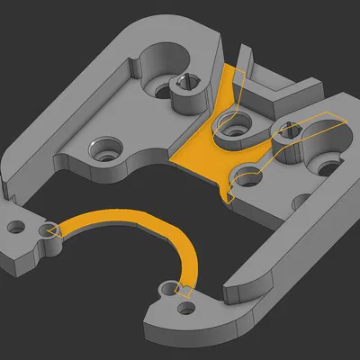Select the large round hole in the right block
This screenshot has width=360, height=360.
(x=317, y=136)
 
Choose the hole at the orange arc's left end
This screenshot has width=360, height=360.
(x=47, y=230)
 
